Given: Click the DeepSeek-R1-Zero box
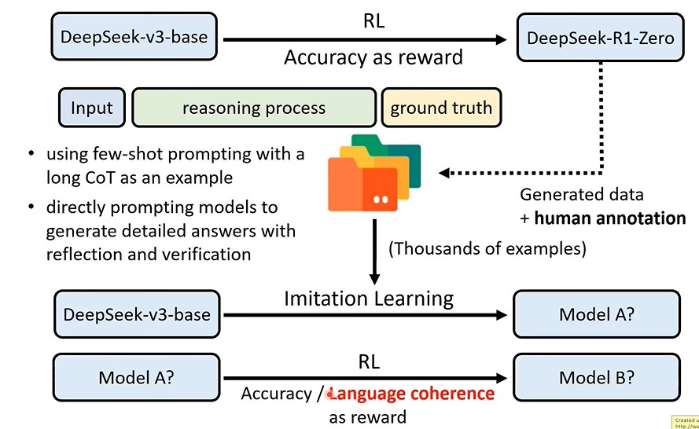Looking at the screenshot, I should [600, 38].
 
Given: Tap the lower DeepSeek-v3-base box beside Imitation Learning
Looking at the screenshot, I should [137, 314].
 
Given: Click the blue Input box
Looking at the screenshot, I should [91, 108].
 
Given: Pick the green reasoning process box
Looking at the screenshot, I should [253, 108].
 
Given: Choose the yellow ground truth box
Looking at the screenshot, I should [440, 108].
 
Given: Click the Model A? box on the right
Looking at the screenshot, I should [597, 314].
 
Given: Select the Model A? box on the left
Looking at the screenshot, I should [137, 377].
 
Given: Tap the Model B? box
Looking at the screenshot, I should [597, 377].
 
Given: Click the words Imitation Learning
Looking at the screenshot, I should [369, 299].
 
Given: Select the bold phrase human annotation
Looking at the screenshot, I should [610, 218].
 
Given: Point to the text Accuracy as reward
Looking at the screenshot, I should [373, 57].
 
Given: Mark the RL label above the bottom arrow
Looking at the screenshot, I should [369, 362].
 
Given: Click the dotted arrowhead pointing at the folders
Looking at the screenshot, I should [444, 172].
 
